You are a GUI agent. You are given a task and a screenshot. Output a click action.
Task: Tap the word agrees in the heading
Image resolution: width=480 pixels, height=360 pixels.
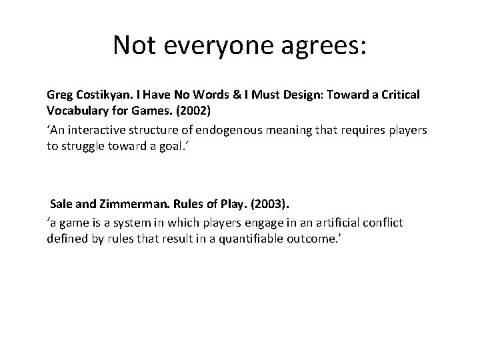tap(325, 45)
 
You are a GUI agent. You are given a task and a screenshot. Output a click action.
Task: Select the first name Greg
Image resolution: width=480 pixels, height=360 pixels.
tap(59, 95)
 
